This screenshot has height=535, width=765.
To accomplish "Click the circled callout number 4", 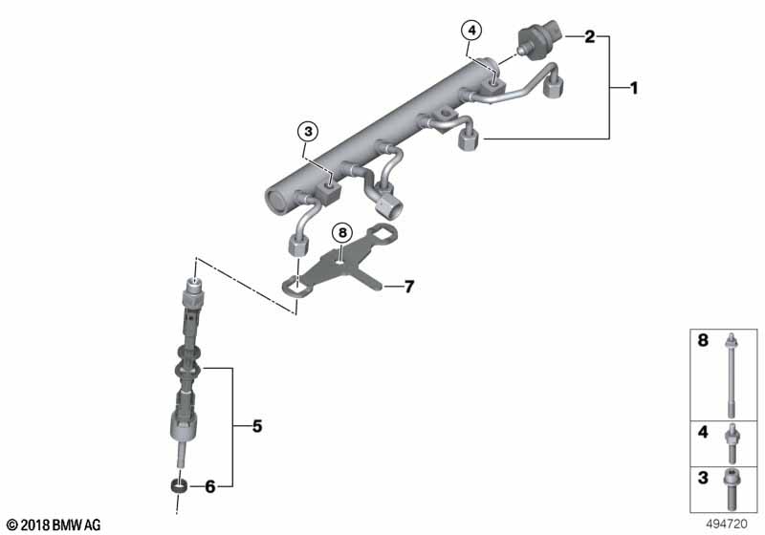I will [471, 31].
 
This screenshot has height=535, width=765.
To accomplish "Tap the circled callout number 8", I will [342, 233].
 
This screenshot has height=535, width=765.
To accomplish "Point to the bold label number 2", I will [590, 37].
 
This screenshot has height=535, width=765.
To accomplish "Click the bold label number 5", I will [256, 426].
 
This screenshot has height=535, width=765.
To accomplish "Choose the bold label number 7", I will [408, 286].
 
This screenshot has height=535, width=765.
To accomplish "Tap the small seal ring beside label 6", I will [177, 486].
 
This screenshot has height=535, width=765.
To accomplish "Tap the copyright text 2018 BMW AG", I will [53, 524].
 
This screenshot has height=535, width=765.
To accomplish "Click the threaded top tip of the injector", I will [195, 285].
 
